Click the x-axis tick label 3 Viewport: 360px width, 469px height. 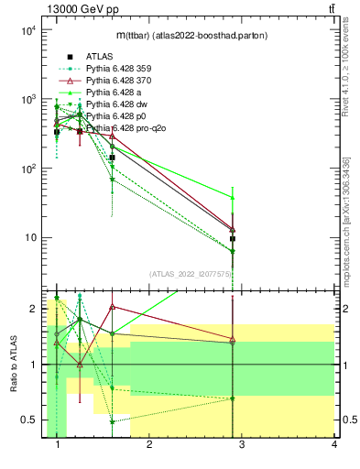click(242, 445)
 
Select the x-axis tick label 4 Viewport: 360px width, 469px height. click(333, 445)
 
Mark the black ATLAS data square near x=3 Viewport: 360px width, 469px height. click(233, 238)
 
